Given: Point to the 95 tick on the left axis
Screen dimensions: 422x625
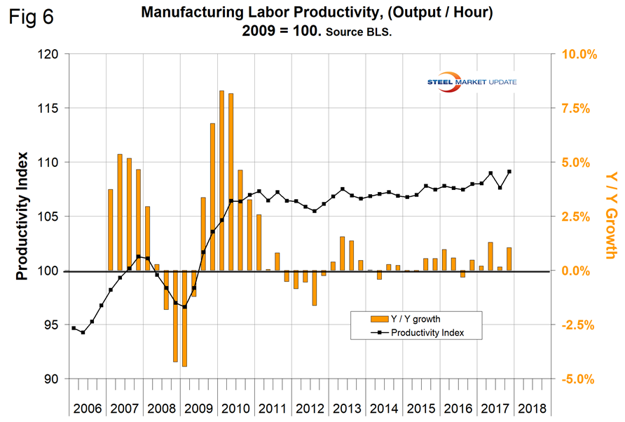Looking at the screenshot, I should click(50, 325).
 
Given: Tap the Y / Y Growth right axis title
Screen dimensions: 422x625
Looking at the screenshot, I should click(610, 216).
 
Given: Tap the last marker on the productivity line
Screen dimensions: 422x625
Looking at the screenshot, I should click(509, 172).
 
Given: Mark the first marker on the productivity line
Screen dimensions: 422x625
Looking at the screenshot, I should click(74, 328).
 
